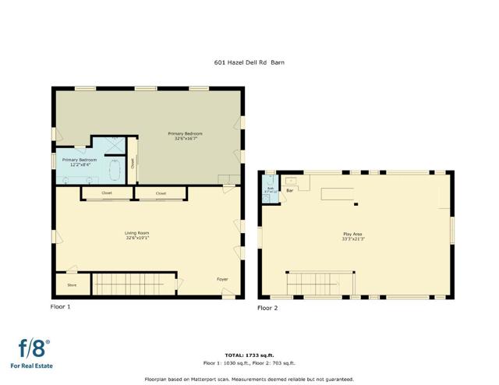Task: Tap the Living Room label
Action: click(137, 233)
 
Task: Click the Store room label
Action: click(72, 285)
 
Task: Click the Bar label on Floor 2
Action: click(289, 190)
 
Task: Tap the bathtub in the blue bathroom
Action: click(115, 169)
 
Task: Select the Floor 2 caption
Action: click(267, 309)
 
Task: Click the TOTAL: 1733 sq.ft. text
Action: click(249, 355)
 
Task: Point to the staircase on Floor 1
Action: click(134, 284)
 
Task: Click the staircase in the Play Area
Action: click(320, 284)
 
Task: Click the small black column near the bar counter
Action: click(356, 204)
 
